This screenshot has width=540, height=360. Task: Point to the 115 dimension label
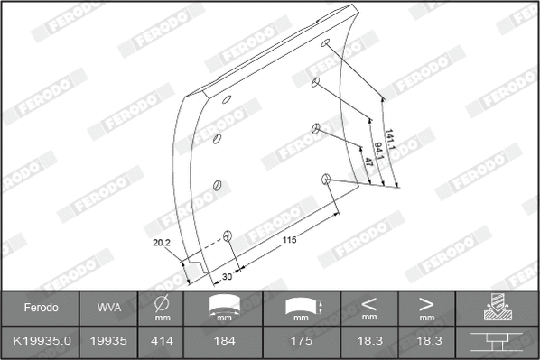point(289,240)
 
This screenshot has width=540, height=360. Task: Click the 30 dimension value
point(227,276)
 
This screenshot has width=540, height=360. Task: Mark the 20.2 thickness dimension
point(162,242)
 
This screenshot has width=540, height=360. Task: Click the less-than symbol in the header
point(368,303)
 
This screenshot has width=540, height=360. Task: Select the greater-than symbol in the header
point(426,303)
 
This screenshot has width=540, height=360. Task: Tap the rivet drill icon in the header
point(498,308)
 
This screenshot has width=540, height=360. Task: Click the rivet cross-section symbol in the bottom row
point(498,343)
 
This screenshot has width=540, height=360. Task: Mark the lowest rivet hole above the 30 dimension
point(228,237)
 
